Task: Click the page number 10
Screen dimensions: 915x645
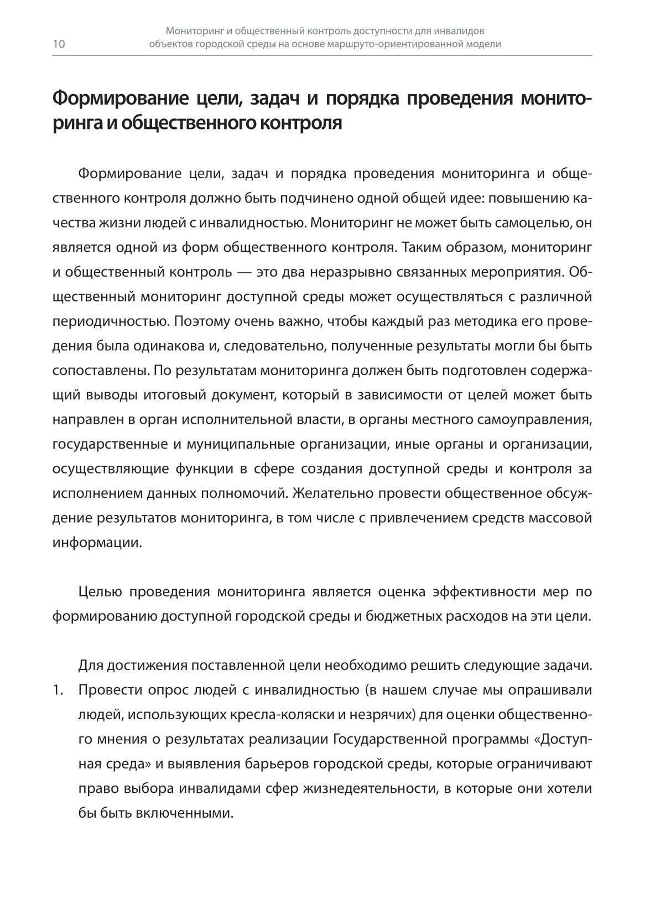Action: tap(59, 45)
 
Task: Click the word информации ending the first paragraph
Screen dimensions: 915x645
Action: tap(96, 542)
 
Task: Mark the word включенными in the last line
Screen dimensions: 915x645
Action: tap(184, 813)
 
